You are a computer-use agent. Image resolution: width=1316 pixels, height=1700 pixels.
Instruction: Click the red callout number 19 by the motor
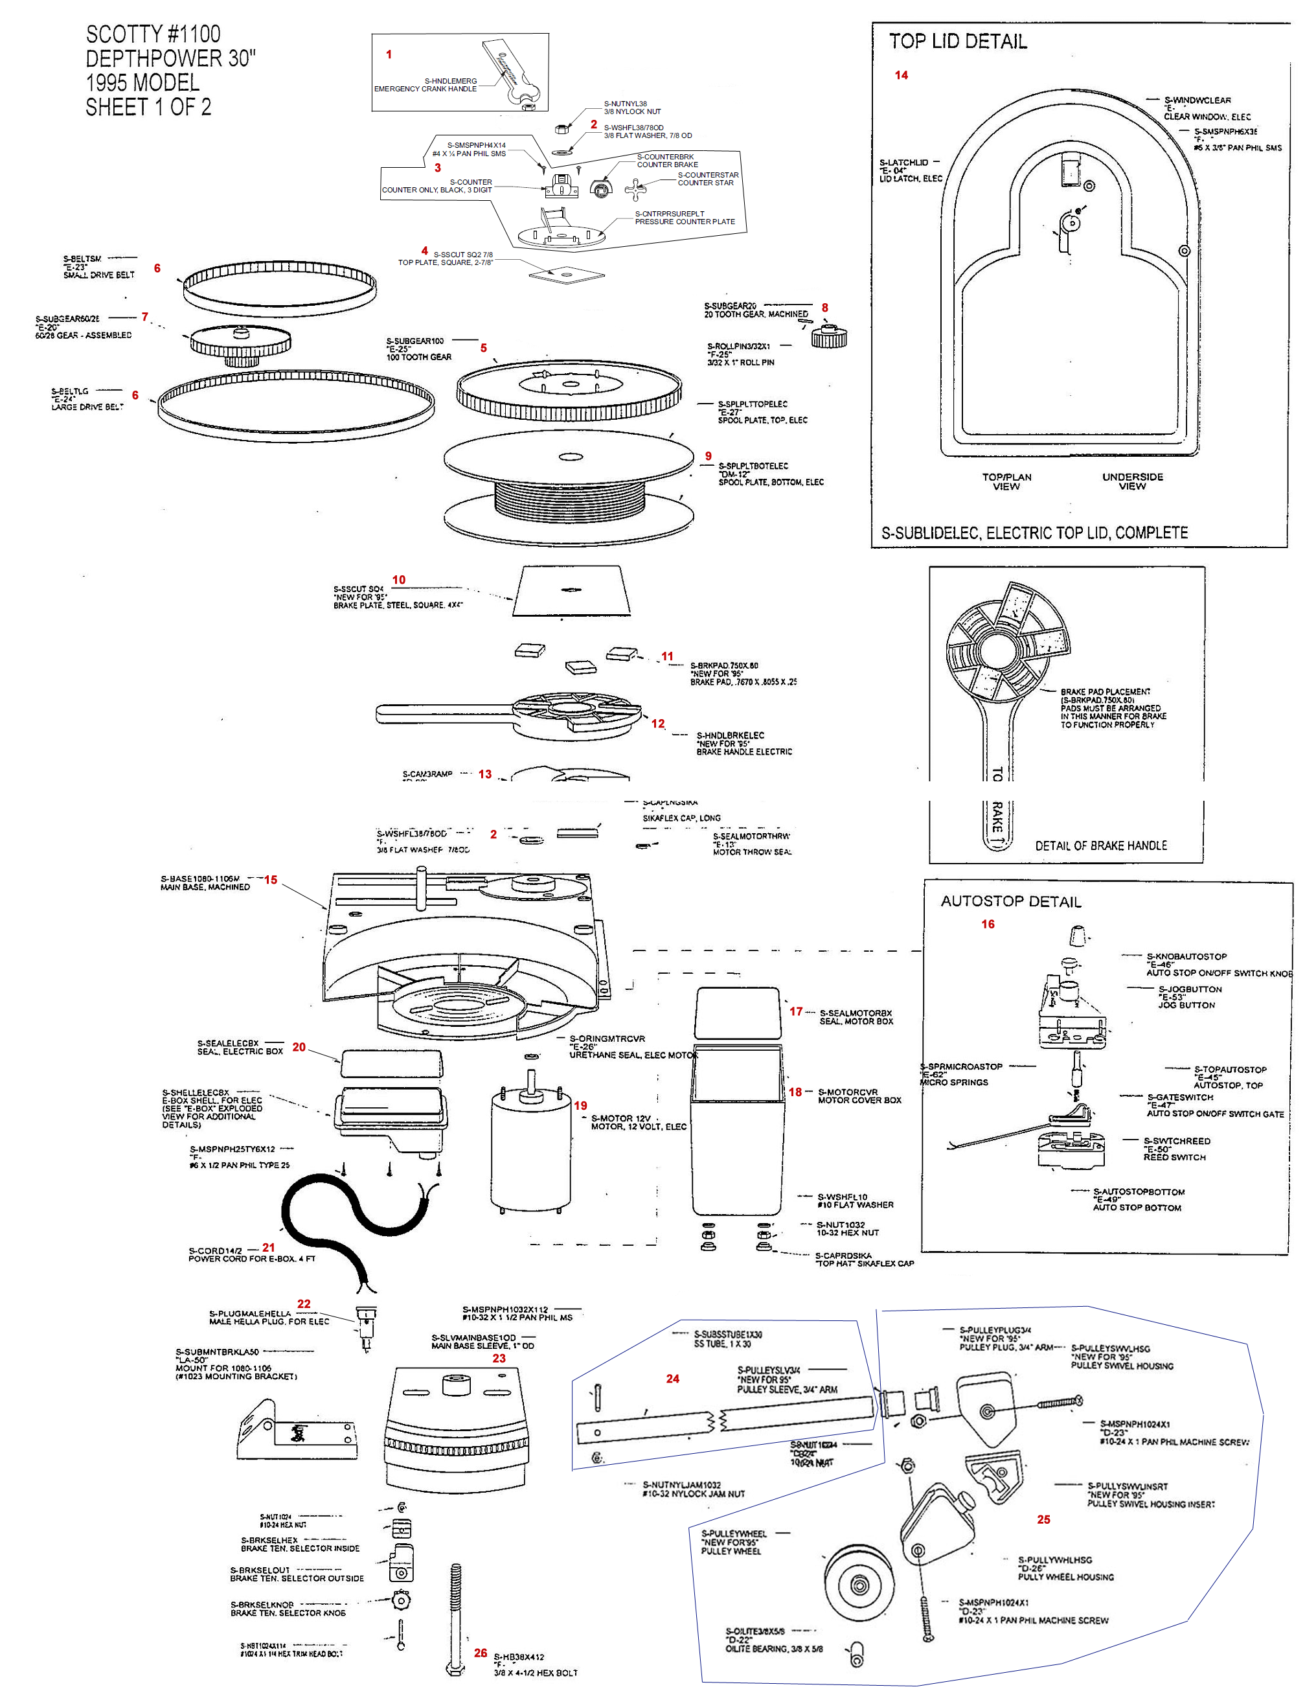pos(580,1105)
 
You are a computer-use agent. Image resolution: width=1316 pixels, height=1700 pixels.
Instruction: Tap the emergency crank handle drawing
pos(510,74)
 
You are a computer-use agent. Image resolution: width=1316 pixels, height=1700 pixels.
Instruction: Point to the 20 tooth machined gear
pos(829,336)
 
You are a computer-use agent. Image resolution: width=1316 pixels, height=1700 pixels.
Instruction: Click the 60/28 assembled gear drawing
pos(240,343)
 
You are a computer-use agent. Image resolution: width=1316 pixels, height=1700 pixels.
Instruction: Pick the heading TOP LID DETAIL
pos(957,41)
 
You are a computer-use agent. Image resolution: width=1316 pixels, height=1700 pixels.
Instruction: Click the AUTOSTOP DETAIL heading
pos(1010,901)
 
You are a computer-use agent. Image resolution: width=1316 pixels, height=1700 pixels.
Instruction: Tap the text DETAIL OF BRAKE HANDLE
pos(1100,845)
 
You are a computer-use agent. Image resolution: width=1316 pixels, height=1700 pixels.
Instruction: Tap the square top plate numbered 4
pos(567,274)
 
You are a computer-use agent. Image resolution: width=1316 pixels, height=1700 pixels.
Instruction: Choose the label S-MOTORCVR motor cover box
pos(859,1096)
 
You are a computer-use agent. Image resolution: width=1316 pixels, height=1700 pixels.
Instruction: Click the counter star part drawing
pos(637,189)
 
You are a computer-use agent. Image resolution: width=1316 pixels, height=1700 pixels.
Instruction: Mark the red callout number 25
pos(1043,1519)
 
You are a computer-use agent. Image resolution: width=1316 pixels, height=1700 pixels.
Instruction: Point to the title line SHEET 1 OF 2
pos(148,107)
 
